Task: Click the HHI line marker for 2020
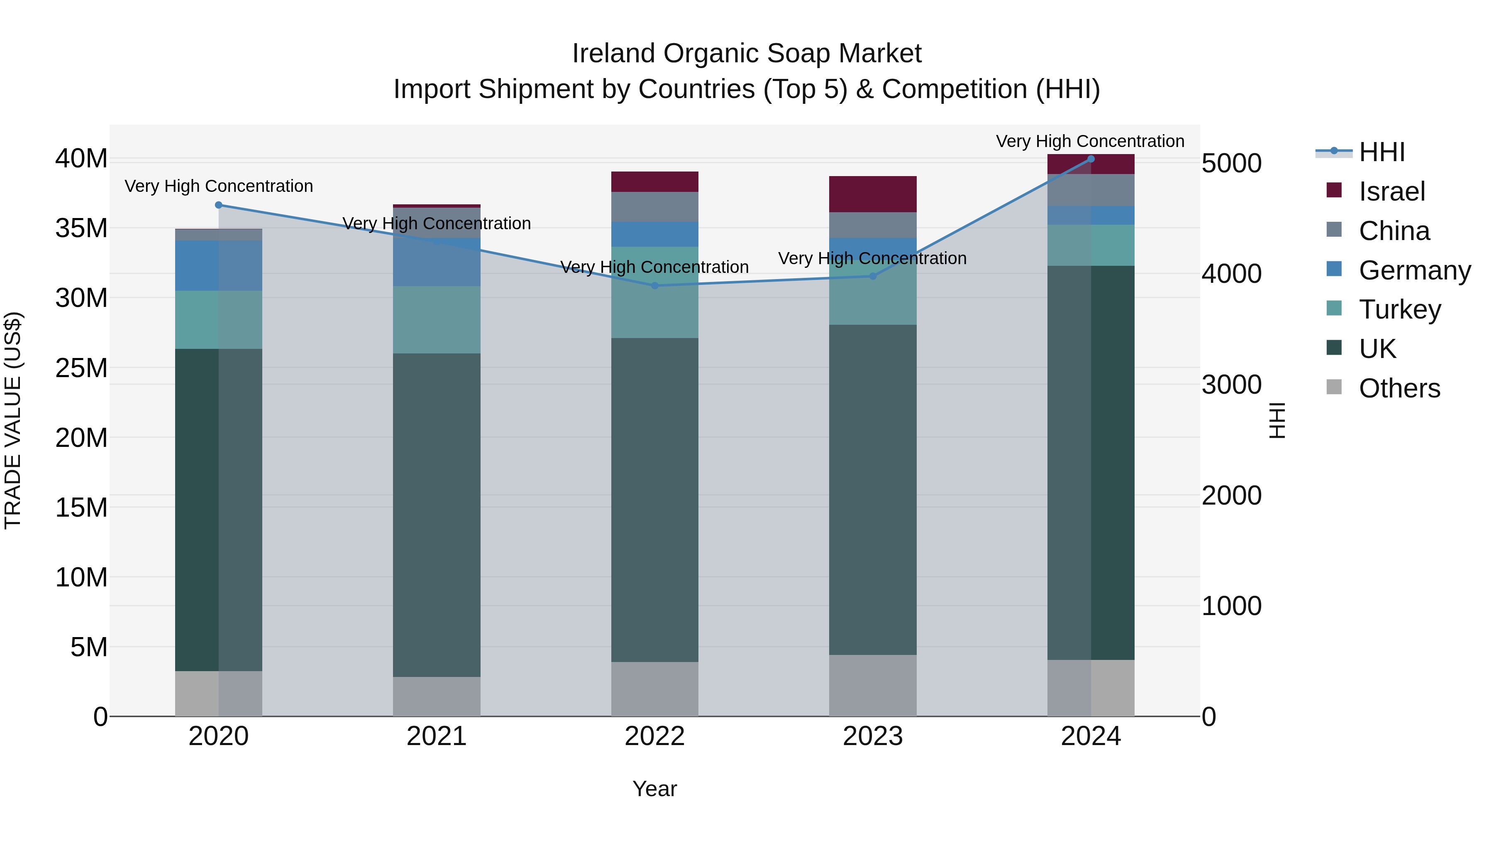point(219,205)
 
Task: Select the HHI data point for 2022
point(655,286)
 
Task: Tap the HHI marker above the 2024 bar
point(1091,159)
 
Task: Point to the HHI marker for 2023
point(873,276)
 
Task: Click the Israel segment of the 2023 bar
point(873,194)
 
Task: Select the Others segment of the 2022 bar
point(655,689)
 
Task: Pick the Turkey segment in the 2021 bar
point(437,319)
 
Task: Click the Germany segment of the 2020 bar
point(219,265)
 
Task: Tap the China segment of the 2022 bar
point(655,207)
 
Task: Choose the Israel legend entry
point(1391,191)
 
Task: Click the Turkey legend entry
point(1399,309)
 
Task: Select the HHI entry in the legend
point(1382,152)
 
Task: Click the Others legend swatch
point(1334,387)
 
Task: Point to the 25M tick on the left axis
point(81,368)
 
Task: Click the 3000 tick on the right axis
point(1231,385)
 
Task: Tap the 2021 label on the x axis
point(437,736)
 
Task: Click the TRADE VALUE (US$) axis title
point(13,420)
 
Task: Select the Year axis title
point(655,789)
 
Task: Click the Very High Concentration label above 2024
point(1090,141)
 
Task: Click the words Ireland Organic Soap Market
point(747,54)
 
